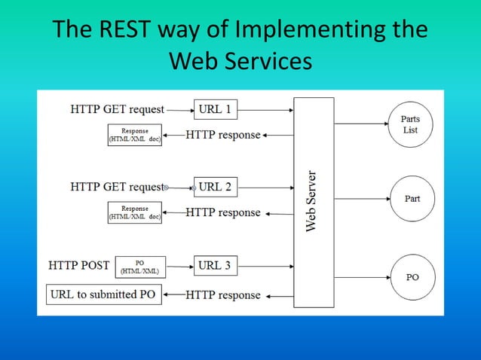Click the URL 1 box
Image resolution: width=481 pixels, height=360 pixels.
215,109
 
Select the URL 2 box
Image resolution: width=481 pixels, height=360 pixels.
215,187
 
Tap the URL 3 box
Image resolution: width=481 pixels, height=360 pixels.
215,265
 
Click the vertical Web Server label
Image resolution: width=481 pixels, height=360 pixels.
312,200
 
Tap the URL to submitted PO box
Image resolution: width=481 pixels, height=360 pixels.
103,294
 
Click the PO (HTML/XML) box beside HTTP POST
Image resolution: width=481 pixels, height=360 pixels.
139,267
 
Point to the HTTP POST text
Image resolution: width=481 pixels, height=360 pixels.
78,266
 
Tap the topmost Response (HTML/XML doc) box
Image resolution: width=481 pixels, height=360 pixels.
135,135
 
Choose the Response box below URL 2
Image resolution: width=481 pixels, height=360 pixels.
135,212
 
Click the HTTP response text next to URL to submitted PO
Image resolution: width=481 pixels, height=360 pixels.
223,294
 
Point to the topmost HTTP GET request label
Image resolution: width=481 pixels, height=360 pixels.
117,109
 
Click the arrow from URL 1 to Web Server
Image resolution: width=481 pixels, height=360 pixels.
265,109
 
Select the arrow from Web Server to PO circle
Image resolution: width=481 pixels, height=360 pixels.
360,276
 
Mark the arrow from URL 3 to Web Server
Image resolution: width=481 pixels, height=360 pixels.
265,265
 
